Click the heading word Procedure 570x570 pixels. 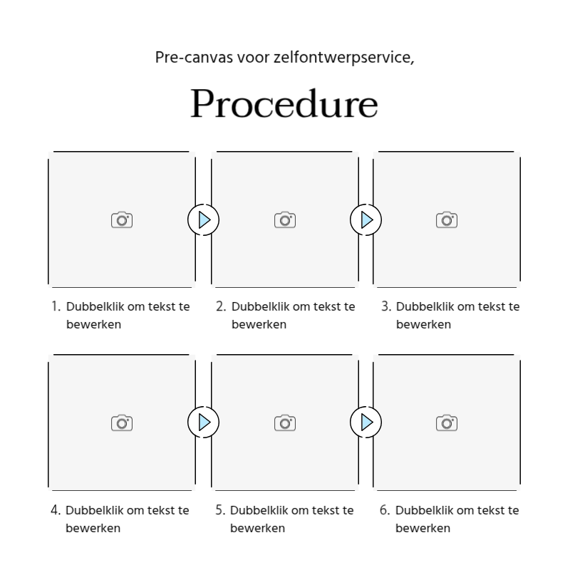(x=284, y=104)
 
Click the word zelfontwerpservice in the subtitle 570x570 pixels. (x=343, y=57)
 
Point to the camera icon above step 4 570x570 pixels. (x=122, y=423)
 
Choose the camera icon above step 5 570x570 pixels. (x=285, y=423)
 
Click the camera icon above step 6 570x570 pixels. (x=447, y=423)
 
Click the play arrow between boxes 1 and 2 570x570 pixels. (x=204, y=219)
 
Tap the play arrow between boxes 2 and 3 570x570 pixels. (x=366, y=219)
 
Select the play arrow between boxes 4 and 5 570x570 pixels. (x=204, y=423)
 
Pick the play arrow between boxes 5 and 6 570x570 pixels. (x=366, y=423)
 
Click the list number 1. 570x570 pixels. (x=56, y=306)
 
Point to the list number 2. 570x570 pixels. (x=221, y=306)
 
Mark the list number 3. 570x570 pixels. (x=385, y=306)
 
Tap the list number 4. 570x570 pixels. (x=56, y=510)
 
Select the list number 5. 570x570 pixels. (x=221, y=510)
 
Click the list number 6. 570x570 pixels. (x=385, y=510)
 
